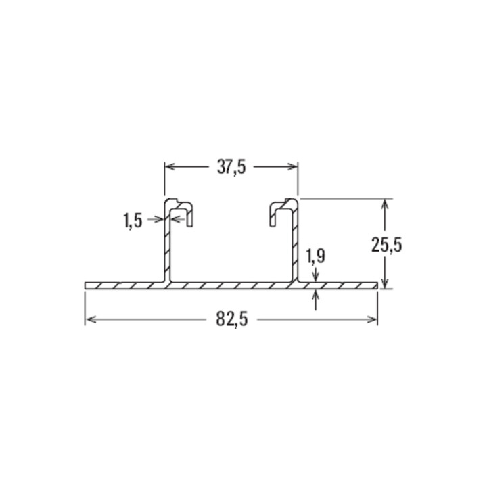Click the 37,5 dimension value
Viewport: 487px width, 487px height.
[231, 168]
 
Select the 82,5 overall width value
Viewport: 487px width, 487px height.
[232, 319]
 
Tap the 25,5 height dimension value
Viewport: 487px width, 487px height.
[387, 245]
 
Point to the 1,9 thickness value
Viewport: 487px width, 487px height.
[316, 256]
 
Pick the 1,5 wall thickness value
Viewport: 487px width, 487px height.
[133, 221]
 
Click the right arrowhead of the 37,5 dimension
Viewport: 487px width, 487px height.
[292, 167]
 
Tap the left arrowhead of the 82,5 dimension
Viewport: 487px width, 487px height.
[91, 319]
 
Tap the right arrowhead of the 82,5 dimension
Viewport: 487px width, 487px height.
[372, 319]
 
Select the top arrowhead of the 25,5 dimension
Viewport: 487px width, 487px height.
[385, 204]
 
